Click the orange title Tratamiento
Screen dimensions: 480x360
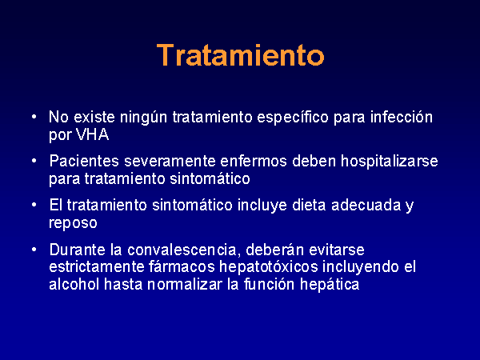tap(240, 55)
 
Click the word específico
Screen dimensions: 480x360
tap(293, 118)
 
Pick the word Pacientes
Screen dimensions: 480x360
tap(84, 161)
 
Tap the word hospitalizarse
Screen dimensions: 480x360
tap(390, 162)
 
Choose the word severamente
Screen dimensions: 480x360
tap(170, 162)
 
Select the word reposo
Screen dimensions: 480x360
tap(73, 223)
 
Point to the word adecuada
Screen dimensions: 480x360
tap(366, 205)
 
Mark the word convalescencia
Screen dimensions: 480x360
tap(182, 250)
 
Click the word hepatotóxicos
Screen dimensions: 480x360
tap(269, 267)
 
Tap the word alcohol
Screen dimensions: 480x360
tap(74, 284)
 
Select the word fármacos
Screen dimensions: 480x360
tap(182, 267)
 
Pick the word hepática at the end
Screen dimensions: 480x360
tap(330, 285)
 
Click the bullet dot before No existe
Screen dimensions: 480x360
tap(34, 117)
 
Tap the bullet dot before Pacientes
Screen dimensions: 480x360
tap(34, 161)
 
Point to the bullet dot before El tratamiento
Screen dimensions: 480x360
tap(34, 205)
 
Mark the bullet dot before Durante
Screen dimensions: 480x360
tap(34, 250)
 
